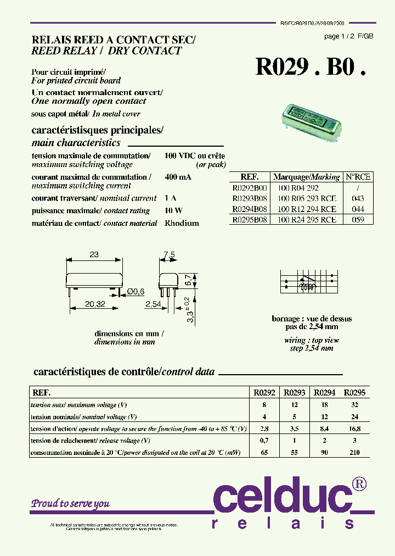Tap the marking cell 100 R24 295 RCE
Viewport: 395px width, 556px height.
[x=307, y=219]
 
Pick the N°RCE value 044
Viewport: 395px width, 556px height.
[x=358, y=209]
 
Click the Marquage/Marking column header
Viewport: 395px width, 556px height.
[x=307, y=177]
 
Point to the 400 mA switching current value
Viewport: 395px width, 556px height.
[x=178, y=177]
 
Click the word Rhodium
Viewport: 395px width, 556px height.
[x=182, y=224]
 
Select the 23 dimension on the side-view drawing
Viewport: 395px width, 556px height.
[x=94, y=254]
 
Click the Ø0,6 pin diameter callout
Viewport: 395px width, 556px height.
[x=135, y=291]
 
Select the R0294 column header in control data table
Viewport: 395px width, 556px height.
[x=324, y=393]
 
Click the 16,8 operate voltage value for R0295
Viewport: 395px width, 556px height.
[x=354, y=429]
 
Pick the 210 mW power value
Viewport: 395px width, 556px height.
[x=354, y=453]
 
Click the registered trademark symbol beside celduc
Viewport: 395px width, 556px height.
[x=359, y=483]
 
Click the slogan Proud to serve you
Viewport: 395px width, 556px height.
[x=70, y=503]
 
